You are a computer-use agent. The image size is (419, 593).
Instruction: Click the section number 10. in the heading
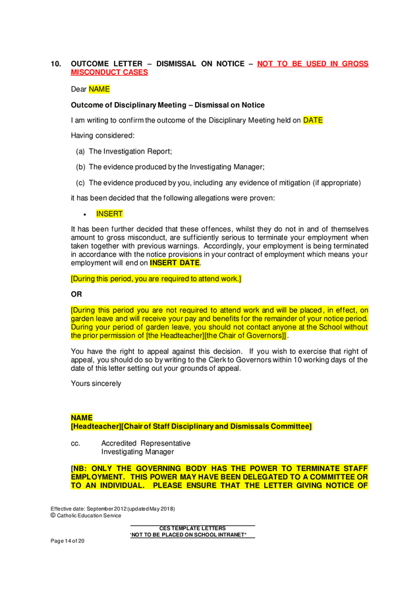56,64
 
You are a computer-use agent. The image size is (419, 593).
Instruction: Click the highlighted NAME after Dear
99,88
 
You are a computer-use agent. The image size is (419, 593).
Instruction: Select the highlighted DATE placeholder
312,121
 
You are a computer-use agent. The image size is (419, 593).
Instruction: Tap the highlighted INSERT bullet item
109,213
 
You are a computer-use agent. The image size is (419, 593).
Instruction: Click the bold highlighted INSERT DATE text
175,263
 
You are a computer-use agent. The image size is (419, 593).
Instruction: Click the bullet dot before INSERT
86,214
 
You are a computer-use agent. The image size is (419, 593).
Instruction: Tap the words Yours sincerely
96,383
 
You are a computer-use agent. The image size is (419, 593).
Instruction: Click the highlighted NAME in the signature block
82,418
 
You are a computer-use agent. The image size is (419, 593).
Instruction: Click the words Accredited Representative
146,443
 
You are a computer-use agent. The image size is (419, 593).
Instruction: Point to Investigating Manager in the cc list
137,452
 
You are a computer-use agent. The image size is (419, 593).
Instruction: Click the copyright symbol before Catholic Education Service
53,515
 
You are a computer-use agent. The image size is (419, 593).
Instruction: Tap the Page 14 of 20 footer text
68,541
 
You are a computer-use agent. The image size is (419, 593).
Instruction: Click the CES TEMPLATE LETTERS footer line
192,528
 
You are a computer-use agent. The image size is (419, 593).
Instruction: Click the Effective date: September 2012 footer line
112,508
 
